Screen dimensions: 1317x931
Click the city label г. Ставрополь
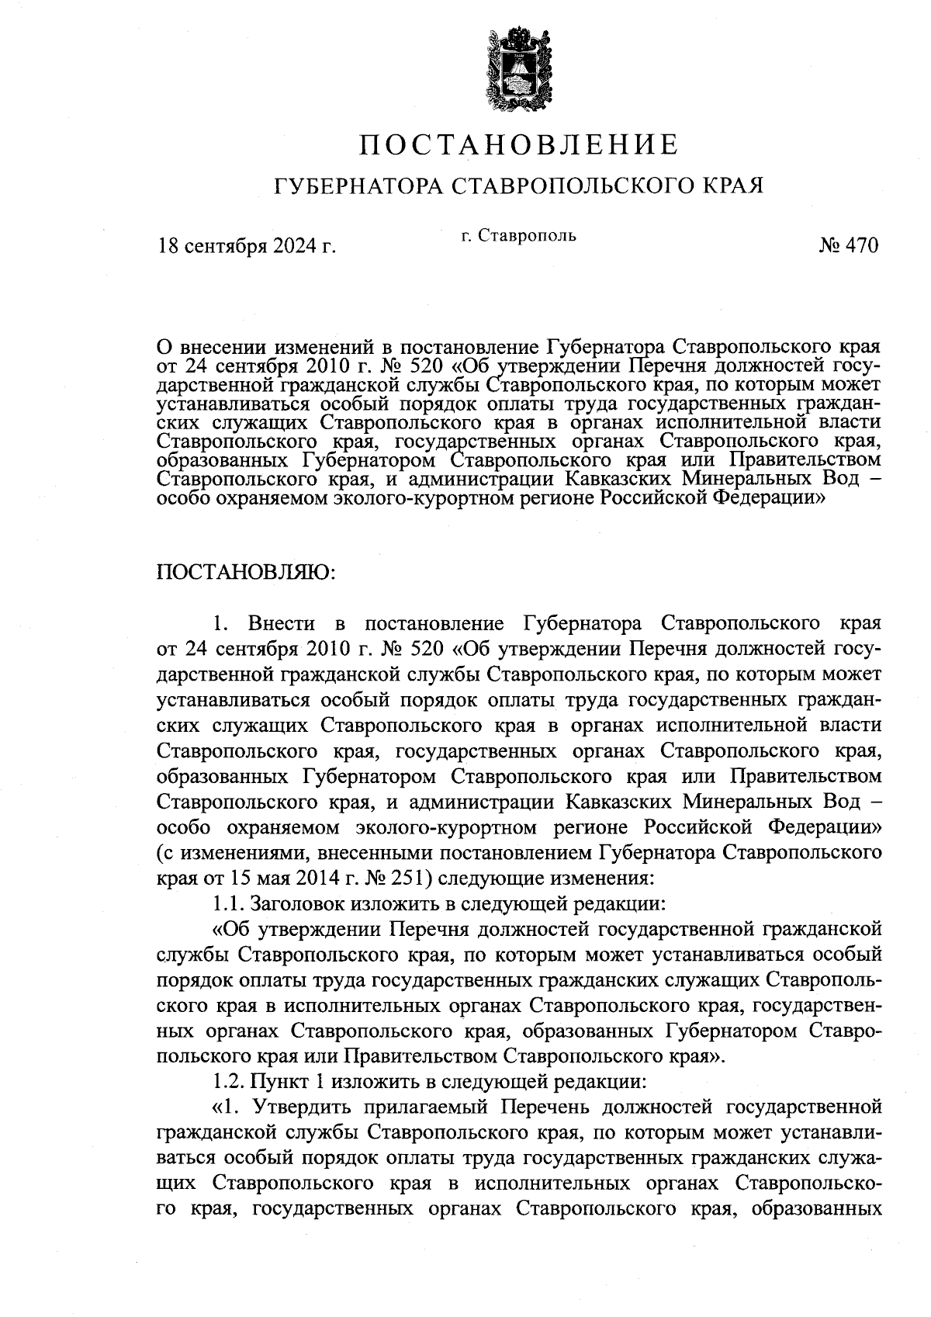pos(518,234)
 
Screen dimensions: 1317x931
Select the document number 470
pos(860,246)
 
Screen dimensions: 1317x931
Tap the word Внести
pos(282,623)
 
